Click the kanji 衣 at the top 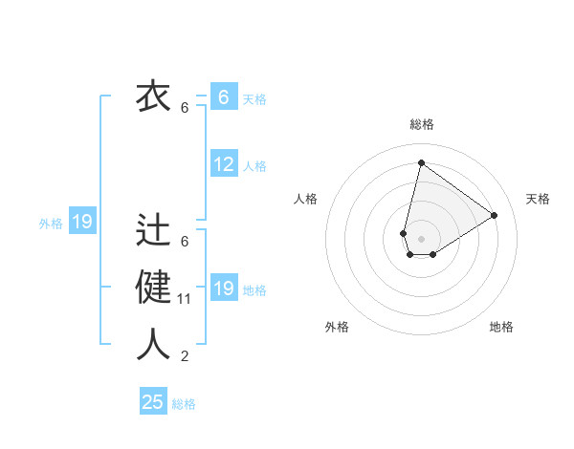coord(152,96)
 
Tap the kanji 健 coord(152,288)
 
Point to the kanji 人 coord(152,345)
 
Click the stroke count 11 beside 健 coord(185,299)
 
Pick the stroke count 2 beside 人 coord(185,356)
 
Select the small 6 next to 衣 coord(185,108)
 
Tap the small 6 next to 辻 coord(185,242)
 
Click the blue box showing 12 coord(224,164)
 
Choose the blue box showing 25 coord(153,402)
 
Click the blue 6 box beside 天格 coord(224,97)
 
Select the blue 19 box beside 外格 coord(81,223)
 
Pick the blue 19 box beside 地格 coord(224,289)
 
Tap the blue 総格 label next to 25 coord(184,404)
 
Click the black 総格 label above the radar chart coord(422,123)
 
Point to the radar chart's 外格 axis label coord(337,327)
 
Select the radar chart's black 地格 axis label coord(501,327)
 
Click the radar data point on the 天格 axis coord(494,215)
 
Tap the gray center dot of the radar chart coord(421,238)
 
